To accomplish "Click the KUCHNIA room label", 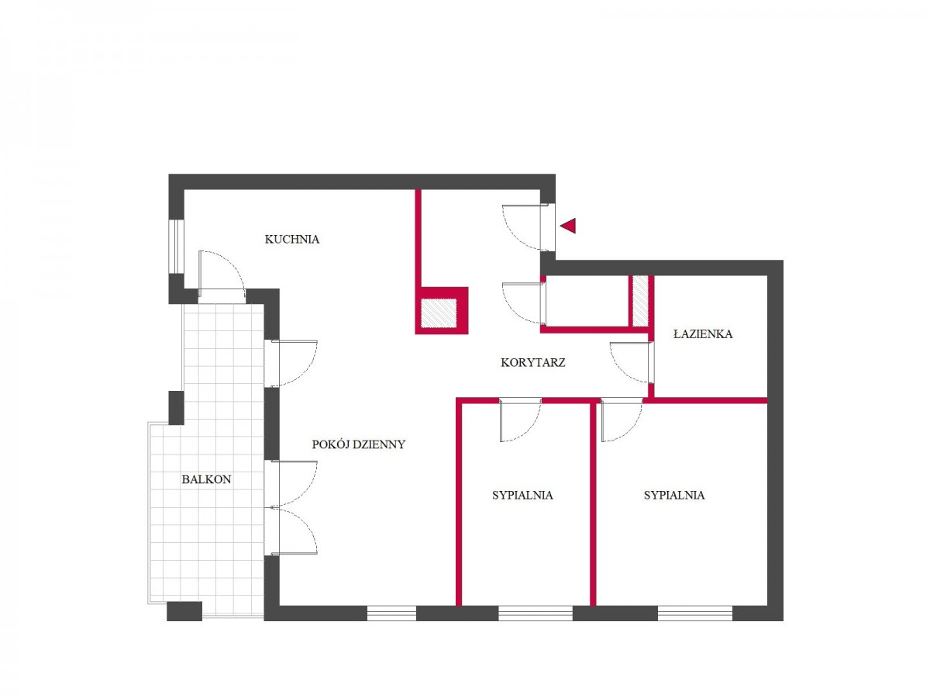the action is coord(291,239).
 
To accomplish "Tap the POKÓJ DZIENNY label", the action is coord(359,444).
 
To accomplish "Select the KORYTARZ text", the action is coord(532,362).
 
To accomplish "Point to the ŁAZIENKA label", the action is coord(702,334).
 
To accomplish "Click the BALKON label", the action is coord(206,479).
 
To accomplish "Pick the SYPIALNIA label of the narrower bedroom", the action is coord(522,495).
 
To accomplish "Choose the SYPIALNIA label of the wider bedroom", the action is coord(674,495).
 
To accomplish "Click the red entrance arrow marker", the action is coord(568,226).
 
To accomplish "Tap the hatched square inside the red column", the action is coord(439,313).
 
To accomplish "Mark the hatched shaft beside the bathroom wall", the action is coord(640,301).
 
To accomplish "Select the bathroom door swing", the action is coord(630,362).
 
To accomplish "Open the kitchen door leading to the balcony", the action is coord(222,271).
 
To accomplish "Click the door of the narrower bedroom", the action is coord(521,420).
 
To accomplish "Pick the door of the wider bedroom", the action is coord(622,420).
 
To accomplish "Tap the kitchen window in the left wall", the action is coord(176,247).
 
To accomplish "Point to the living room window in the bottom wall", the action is coord(391,613).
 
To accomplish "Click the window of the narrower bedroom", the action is coord(536,613).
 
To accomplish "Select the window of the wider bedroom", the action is coord(695,613).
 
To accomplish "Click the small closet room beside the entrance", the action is coord(587,301).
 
